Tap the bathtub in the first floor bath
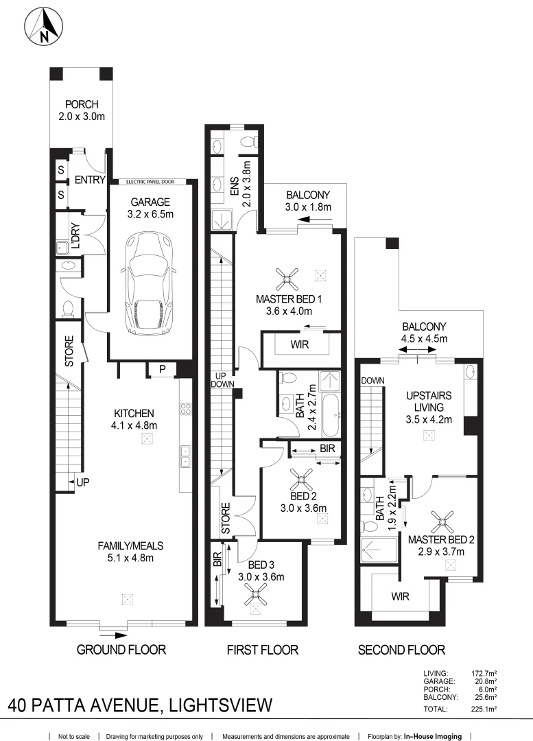pos(330,415)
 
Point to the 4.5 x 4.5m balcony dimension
pos(425,338)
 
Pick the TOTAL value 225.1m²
pos(484,709)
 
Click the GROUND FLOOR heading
pos(121,649)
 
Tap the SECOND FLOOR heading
pos(401,649)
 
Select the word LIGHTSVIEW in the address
pos(218,705)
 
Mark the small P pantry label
pos(162,369)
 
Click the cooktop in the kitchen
pos(185,409)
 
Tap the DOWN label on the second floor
pos(372,380)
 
